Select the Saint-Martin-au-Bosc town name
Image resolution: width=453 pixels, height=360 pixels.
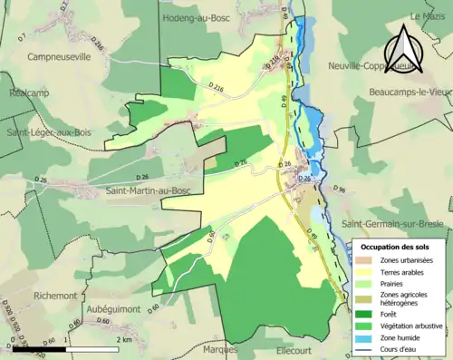click(x=151, y=190)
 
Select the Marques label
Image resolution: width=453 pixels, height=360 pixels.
click(x=221, y=349)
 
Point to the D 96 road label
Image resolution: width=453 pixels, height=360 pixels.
click(x=341, y=190)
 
